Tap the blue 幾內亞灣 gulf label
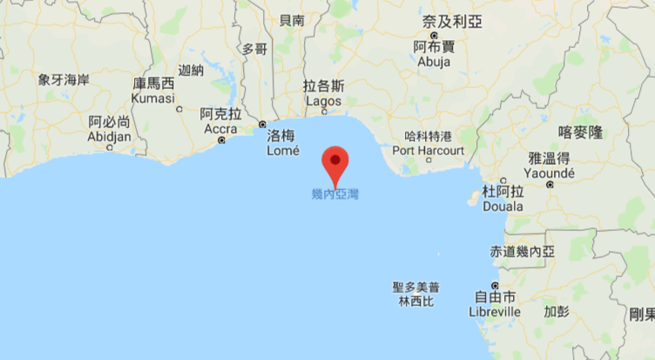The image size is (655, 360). click(334, 194)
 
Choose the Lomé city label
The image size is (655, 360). click(283, 143)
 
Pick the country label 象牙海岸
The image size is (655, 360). click(64, 79)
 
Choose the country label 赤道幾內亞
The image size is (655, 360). click(523, 251)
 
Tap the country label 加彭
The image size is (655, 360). click(557, 310)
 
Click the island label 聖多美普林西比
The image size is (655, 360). click(415, 293)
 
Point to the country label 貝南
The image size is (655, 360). click(291, 19)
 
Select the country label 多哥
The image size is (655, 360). click(254, 49)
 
